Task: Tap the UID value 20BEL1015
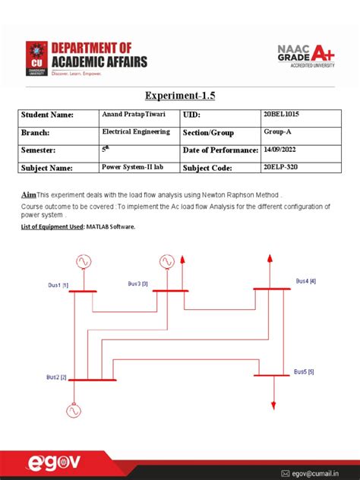pos(279,115)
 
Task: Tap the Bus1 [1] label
pos(58,285)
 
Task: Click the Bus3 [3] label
pos(137,283)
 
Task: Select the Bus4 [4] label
pos(306,281)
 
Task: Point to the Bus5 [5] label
pos(304,371)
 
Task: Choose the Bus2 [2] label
pos(56,377)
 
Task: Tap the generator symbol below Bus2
pos(73,411)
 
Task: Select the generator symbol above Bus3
pos(166,262)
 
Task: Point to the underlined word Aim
pos(28,194)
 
